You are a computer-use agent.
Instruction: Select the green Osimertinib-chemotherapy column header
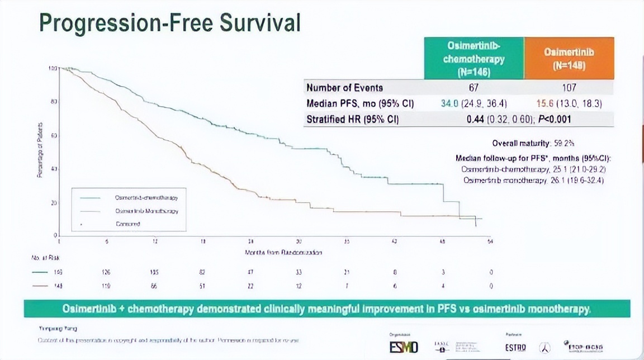[473, 58]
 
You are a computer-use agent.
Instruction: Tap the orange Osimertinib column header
[569, 58]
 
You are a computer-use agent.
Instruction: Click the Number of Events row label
[344, 87]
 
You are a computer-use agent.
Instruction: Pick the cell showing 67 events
[473, 87]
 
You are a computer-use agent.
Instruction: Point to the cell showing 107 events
[569, 87]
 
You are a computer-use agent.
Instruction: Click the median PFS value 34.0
[450, 103]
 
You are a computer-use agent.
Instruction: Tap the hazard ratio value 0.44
[476, 119]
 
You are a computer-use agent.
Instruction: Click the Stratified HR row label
[352, 119]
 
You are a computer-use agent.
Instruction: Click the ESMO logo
[404, 347]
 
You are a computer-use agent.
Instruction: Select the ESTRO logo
[515, 347]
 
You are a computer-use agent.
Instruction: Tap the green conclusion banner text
[327, 309]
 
